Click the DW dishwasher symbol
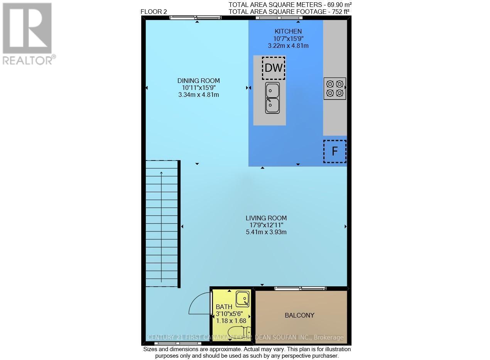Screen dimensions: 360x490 274,68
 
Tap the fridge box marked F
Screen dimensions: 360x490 335,151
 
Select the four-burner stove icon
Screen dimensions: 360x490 335,88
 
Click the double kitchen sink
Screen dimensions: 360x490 272,98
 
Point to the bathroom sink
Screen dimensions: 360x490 243,298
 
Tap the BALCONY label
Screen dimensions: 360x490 299,315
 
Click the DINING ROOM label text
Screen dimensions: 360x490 198,81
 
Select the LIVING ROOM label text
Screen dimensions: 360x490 266,218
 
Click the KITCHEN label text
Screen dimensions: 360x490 288,31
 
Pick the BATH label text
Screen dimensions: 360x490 224,307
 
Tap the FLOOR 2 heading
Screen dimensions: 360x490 154,12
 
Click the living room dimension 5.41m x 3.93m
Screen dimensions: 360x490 266,232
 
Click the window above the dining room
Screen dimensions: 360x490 196,17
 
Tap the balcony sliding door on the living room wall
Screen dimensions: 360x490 300,288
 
